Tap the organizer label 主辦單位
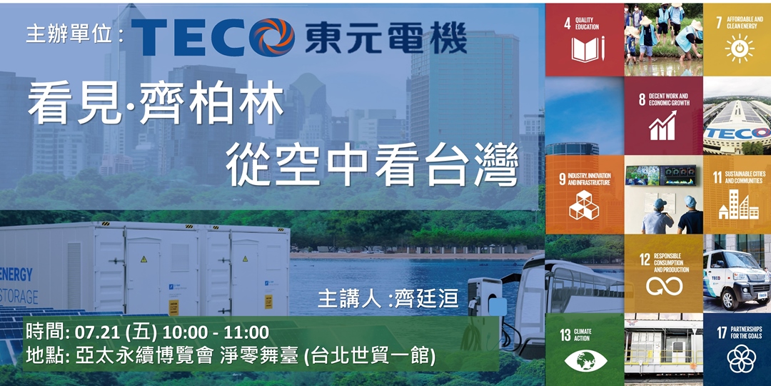[70, 36]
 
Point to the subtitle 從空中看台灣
[371, 166]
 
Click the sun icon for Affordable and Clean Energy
[738, 47]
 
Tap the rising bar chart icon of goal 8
[662, 127]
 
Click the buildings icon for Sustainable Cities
[738, 205]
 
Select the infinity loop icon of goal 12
[664, 286]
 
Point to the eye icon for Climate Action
[585, 359]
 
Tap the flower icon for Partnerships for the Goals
[740, 357]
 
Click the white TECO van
[735, 275]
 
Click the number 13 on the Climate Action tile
[565, 335]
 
